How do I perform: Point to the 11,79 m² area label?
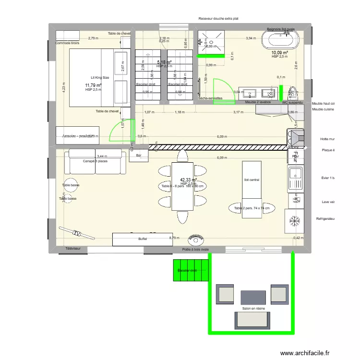click(x=94, y=85)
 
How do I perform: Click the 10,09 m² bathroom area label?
click(x=279, y=52)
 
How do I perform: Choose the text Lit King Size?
click(x=100, y=77)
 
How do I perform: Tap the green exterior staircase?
click(x=191, y=270)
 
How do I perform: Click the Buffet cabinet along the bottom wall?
click(x=142, y=239)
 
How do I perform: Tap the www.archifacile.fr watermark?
click(x=305, y=353)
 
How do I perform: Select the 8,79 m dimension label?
click(x=174, y=237)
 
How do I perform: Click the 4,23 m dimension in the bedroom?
click(x=63, y=88)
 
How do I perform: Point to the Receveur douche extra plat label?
click(x=218, y=19)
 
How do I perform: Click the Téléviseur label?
click(x=73, y=248)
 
